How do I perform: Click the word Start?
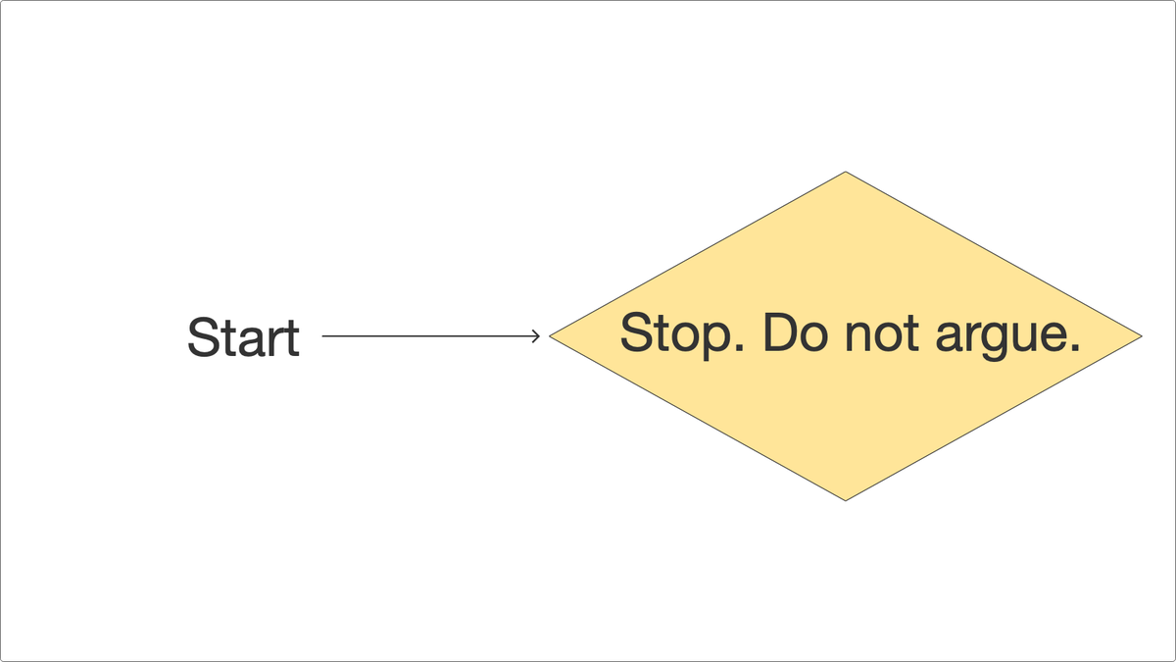tap(243, 337)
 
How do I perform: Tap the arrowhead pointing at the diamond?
tap(535, 336)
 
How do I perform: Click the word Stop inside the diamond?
tap(676, 334)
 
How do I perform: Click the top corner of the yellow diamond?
tap(845, 174)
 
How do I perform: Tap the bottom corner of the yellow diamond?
tap(845, 499)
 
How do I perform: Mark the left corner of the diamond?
tap(552, 336)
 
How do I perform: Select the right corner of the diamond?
tap(1140, 336)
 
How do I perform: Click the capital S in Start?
tap(201, 337)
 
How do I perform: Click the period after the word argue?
tap(1073, 349)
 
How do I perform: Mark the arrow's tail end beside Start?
tap(324, 336)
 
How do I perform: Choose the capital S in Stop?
tap(635, 333)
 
